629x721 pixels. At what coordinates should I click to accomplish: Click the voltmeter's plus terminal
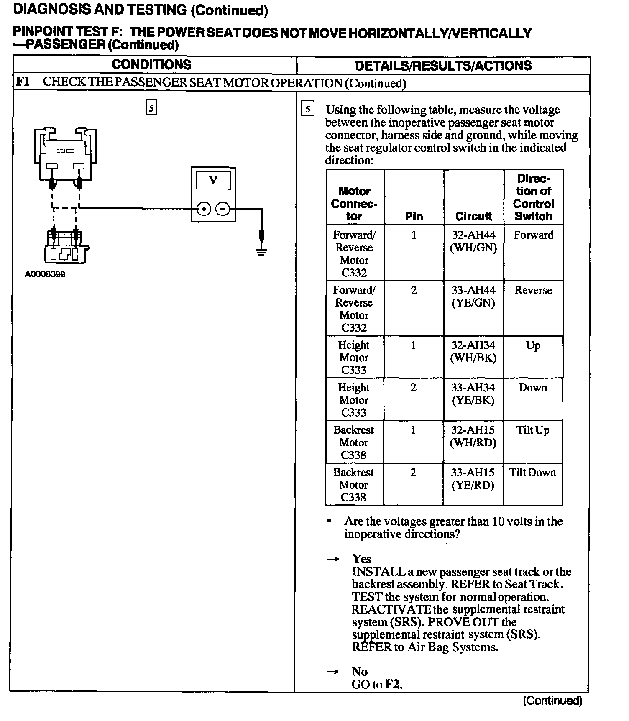pos(204,208)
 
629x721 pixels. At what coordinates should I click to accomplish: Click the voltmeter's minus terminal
pos(223,208)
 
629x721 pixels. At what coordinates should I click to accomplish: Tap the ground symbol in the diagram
pos(261,252)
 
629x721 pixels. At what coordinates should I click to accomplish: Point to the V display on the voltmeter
pos(213,180)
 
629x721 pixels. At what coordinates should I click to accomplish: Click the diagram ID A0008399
pos(45,274)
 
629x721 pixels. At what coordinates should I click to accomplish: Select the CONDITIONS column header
pos(151,65)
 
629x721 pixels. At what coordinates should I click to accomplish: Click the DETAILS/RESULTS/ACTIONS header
pos(443,66)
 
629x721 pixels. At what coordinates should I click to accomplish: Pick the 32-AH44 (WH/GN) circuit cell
pos(473,241)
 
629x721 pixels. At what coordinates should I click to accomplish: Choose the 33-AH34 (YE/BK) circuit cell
pos(473,394)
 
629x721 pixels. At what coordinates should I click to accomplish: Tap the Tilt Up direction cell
pos(532,430)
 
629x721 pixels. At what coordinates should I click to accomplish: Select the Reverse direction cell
pos(533,290)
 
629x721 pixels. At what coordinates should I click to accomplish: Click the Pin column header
pos(414,216)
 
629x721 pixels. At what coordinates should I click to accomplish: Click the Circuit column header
pos(473,216)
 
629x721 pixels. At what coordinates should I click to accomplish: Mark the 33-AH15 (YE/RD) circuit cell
pos(473,478)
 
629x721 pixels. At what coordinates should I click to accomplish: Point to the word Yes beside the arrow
pos(362,559)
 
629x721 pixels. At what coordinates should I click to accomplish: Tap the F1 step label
pos(23,82)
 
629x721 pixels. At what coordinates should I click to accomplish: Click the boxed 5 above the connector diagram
pos(151,108)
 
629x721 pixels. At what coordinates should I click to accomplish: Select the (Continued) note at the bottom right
pos(552,701)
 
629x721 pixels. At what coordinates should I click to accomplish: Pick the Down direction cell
pos(532,388)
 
